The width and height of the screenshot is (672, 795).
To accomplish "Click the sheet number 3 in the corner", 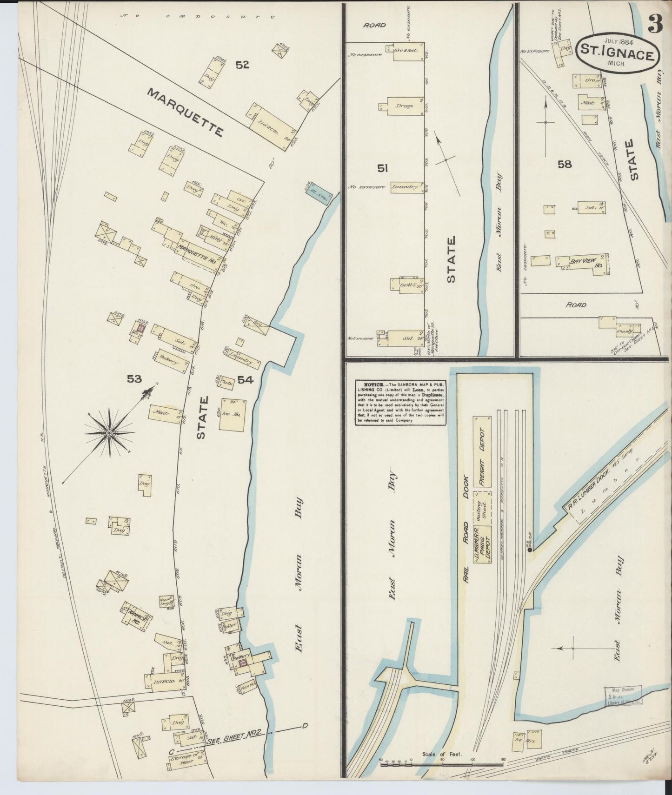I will coord(656,26).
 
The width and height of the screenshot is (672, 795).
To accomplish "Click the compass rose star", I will coord(109,433).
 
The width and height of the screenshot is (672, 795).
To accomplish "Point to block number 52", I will coord(242,65).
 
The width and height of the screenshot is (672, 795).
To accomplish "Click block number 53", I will coord(134,379).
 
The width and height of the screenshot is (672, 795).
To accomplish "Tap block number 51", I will coord(383,168).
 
